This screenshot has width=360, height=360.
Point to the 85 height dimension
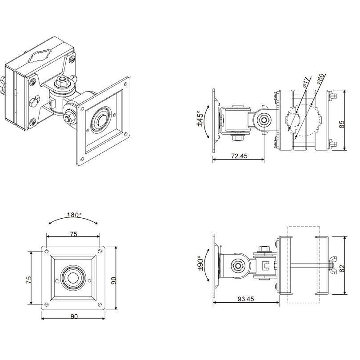[x=341, y=120]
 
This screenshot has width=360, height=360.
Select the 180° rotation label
[x=74, y=215]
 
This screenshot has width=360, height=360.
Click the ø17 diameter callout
[x=304, y=84]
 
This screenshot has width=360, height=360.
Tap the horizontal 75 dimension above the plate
[x=73, y=233]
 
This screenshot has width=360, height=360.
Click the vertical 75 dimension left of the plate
[x=28, y=279]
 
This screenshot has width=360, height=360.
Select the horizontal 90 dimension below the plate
[x=74, y=316]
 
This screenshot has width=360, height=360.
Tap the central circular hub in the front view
[x=73, y=278]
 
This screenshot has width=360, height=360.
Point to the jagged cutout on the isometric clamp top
[x=42, y=57]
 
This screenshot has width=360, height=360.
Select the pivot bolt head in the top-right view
[x=264, y=120]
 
